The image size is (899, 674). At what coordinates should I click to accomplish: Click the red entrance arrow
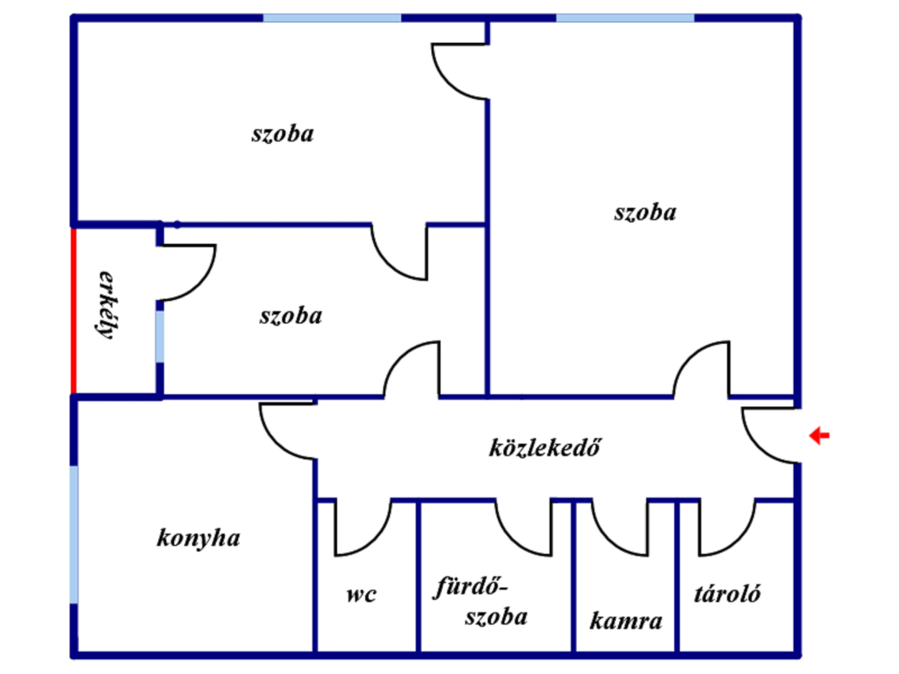[x=819, y=435]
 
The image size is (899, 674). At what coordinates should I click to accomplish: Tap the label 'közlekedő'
[x=544, y=448]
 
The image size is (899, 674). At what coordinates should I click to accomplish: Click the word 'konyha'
[x=198, y=538]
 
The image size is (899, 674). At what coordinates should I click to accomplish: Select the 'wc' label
[x=361, y=595]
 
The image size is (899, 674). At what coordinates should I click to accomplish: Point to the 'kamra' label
[x=625, y=620]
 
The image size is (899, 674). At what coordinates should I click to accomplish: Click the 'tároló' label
[x=728, y=594]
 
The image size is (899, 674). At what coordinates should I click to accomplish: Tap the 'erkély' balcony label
[x=107, y=305]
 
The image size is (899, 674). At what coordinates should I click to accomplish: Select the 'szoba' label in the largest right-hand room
[x=645, y=212]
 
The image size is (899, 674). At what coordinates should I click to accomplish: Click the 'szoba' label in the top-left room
[x=283, y=134]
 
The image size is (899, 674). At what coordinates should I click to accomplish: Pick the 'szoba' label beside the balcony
[x=291, y=316]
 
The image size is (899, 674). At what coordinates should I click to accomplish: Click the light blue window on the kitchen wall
[x=74, y=534]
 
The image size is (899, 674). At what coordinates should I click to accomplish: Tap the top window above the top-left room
[x=332, y=18]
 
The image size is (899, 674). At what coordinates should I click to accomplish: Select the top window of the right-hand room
[x=625, y=18]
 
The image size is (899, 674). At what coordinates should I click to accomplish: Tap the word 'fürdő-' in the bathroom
[x=471, y=587]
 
